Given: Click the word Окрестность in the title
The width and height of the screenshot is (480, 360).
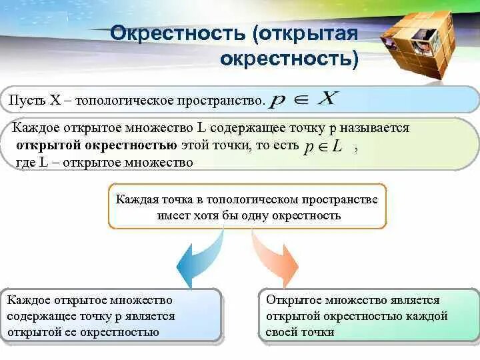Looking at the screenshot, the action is click(x=178, y=33).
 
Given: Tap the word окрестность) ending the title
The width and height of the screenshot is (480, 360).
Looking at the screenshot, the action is click(x=289, y=59).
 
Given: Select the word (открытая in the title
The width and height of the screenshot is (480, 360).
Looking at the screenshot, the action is click(x=305, y=33).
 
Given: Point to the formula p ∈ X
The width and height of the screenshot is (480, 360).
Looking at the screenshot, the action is click(x=303, y=99).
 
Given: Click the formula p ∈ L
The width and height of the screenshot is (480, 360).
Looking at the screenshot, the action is click(x=323, y=147).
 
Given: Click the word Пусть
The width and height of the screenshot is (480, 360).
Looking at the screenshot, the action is click(x=27, y=100).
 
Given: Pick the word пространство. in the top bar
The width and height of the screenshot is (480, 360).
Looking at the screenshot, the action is click(x=221, y=101).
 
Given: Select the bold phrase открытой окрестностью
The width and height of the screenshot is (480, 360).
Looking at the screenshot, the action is click(x=97, y=145).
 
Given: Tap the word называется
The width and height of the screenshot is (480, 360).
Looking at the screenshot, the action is click(x=375, y=128).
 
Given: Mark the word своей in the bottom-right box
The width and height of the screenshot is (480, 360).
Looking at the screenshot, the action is click(x=281, y=333).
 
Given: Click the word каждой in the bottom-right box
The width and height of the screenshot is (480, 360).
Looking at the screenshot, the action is click(x=427, y=316).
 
